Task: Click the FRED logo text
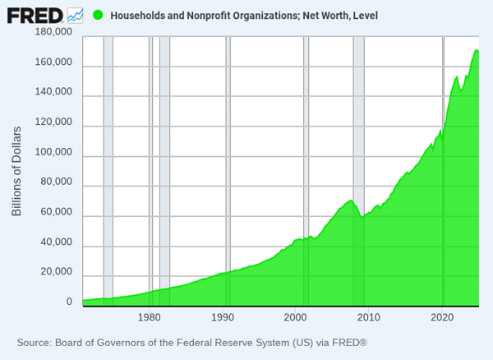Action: click(35, 14)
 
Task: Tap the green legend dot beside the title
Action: click(98, 15)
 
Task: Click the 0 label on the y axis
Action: click(69, 302)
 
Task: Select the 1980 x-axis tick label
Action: click(150, 317)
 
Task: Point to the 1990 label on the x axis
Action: click(223, 317)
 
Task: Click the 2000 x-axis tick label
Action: click(296, 317)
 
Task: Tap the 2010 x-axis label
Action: click(369, 317)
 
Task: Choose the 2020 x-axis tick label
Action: click(442, 317)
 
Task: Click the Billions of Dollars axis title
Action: click(16, 171)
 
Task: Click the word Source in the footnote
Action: click(35, 342)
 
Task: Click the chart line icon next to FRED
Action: click(76, 14)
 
